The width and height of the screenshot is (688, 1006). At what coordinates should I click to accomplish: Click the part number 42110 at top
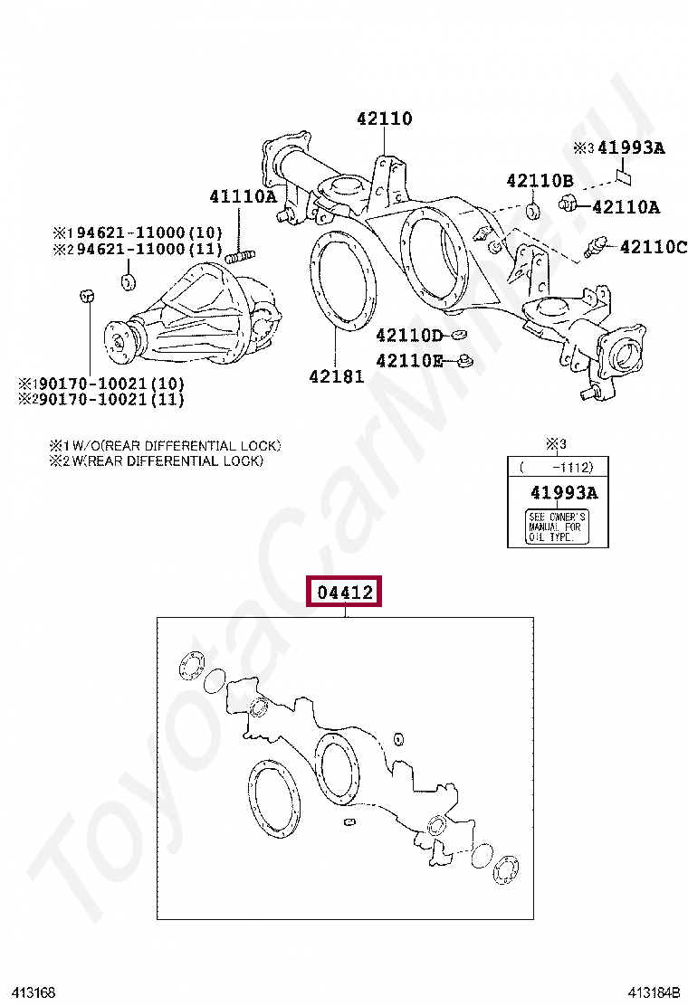tap(384, 119)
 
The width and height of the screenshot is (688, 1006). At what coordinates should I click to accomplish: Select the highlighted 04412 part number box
tap(345, 593)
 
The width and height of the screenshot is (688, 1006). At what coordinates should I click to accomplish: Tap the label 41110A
tap(243, 195)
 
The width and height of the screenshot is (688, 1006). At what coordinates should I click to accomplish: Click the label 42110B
tap(540, 181)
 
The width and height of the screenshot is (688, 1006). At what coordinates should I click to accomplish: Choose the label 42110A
tap(626, 207)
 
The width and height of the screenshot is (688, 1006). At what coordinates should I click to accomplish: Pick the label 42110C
tap(652, 247)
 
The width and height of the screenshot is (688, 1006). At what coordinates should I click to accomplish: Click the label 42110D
tap(409, 336)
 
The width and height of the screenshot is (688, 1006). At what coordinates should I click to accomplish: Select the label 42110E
tap(409, 361)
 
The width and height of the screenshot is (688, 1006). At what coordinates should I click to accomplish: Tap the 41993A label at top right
tap(631, 147)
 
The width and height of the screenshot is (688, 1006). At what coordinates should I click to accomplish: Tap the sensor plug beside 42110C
tap(599, 247)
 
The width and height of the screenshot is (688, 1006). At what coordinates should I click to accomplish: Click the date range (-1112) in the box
tap(556, 468)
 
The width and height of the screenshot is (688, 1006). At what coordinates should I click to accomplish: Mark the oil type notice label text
tap(557, 527)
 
